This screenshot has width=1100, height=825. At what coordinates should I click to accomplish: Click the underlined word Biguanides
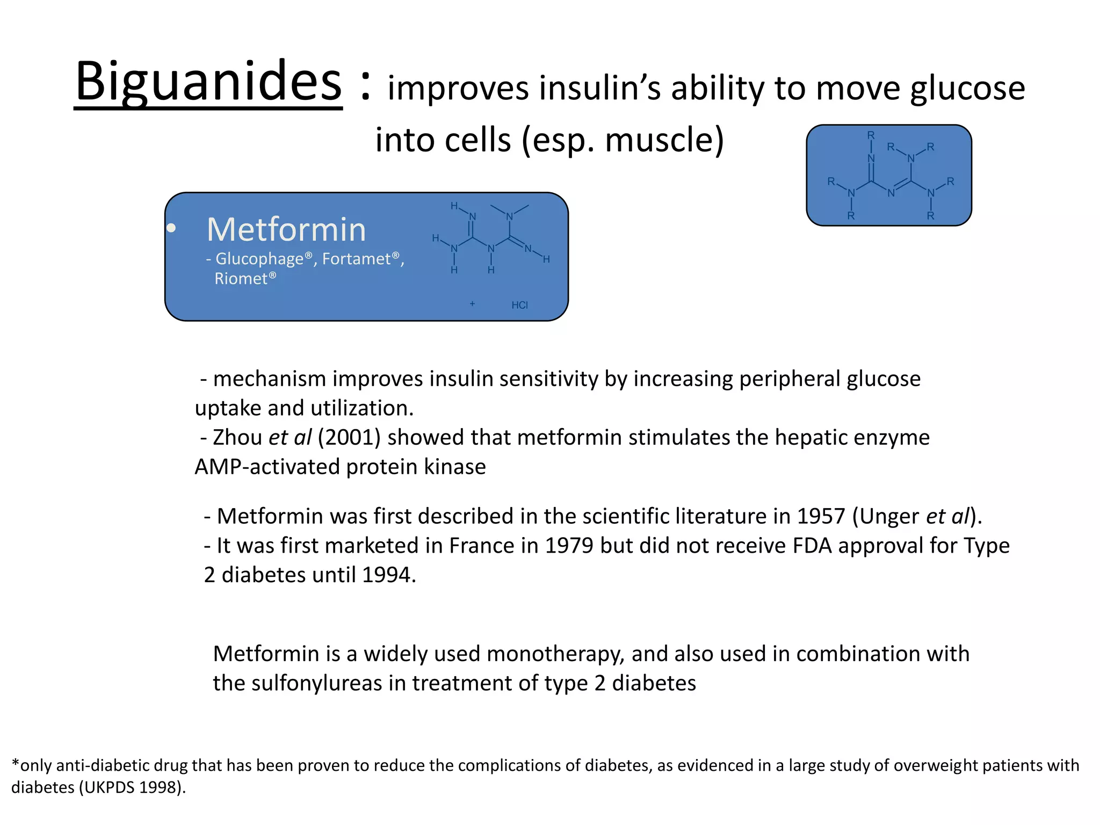click(x=208, y=82)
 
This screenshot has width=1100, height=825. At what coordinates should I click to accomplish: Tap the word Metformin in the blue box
click(x=286, y=230)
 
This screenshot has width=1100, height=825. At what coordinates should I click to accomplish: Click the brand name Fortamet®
click(x=361, y=259)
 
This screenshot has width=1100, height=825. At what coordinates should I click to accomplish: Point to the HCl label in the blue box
click(x=519, y=305)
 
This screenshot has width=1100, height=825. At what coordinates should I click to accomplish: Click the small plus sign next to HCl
click(x=472, y=304)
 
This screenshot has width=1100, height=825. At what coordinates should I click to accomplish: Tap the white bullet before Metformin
click(x=171, y=229)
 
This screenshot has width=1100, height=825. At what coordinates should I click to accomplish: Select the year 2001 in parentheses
click(x=349, y=438)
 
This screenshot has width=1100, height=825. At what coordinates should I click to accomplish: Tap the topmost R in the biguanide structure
click(x=871, y=135)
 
